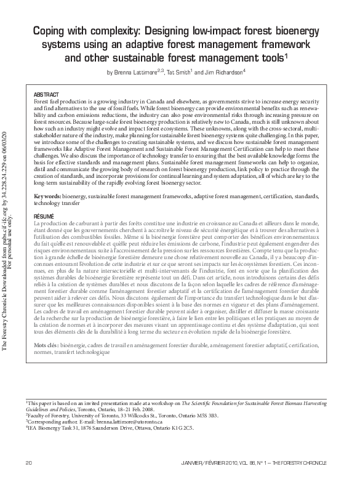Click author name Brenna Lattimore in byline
tap(136, 72)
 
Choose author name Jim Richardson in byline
tap(223, 72)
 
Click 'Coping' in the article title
tap(48, 31)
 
